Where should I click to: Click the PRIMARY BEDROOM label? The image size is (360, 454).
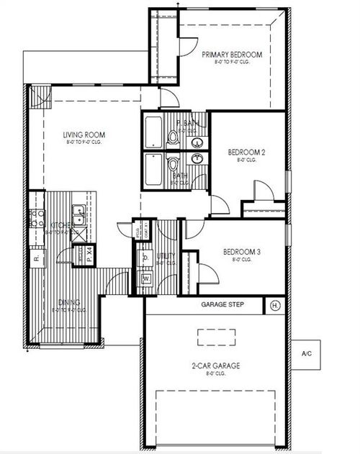pos(231,55)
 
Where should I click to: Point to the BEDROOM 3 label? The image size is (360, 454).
pos(241,252)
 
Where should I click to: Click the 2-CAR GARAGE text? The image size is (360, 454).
pos(216,366)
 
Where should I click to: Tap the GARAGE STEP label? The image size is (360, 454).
pos(221,305)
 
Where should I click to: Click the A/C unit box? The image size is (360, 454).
pos(307,353)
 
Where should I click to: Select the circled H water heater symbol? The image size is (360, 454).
pos(274,305)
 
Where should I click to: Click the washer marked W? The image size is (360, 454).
pos(145,278)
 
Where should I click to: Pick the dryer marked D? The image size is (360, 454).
pos(145,258)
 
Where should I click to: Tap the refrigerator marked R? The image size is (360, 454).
pos(35,257)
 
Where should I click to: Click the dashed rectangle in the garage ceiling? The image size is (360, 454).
pos(217,335)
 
